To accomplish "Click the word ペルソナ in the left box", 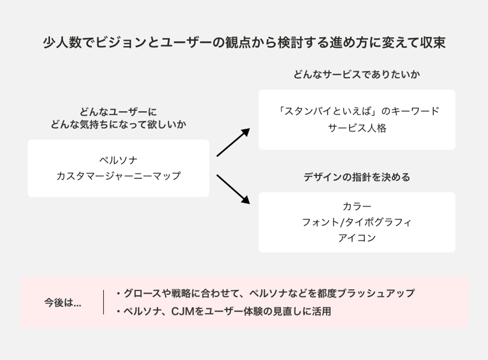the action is [x=118, y=159].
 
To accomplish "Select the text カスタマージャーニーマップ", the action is [x=118, y=176].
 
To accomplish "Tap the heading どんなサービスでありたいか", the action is [x=357, y=74].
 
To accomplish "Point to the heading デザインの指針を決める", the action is [x=357, y=177].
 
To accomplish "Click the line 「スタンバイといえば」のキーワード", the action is [x=357, y=111].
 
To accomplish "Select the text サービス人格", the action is [x=357, y=128].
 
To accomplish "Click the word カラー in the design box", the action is [x=357, y=206].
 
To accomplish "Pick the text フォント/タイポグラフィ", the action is [x=357, y=223].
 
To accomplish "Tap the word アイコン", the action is [x=357, y=239].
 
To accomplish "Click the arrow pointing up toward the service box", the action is [x=233, y=142].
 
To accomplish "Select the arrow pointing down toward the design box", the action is [x=233, y=188].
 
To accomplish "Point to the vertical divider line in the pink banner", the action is [x=104, y=302].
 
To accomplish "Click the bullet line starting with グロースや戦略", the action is [x=265, y=294].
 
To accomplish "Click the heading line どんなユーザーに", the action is [x=118, y=112].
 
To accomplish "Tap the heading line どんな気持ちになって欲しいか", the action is [x=118, y=124].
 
